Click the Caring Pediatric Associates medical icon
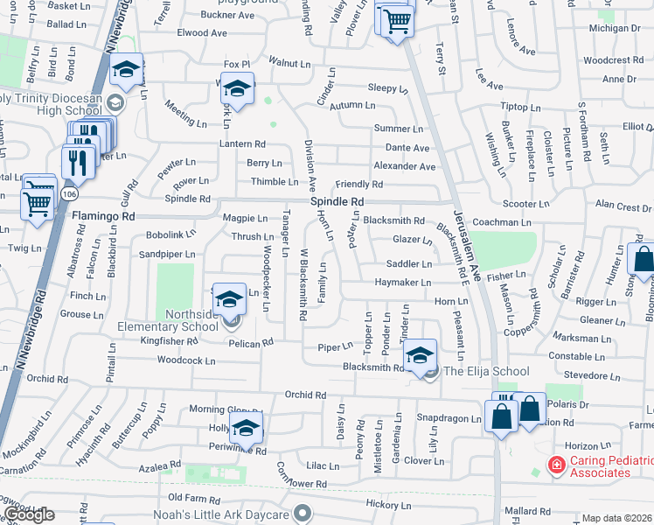pyautogui.click(x=554, y=465)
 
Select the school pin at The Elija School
pyautogui.click(x=420, y=354)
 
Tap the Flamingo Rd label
pyautogui.click(x=104, y=215)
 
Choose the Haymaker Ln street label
pyautogui.click(x=402, y=283)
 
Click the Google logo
pyautogui.click(x=30, y=514)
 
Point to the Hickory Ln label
pyautogui.click(x=387, y=504)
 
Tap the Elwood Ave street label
pyautogui.click(x=202, y=33)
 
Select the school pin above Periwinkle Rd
pyautogui.click(x=246, y=429)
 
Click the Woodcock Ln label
pyautogui.click(x=185, y=360)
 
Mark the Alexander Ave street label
pyautogui.click(x=404, y=166)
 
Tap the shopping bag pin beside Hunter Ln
pyautogui.click(x=643, y=259)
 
